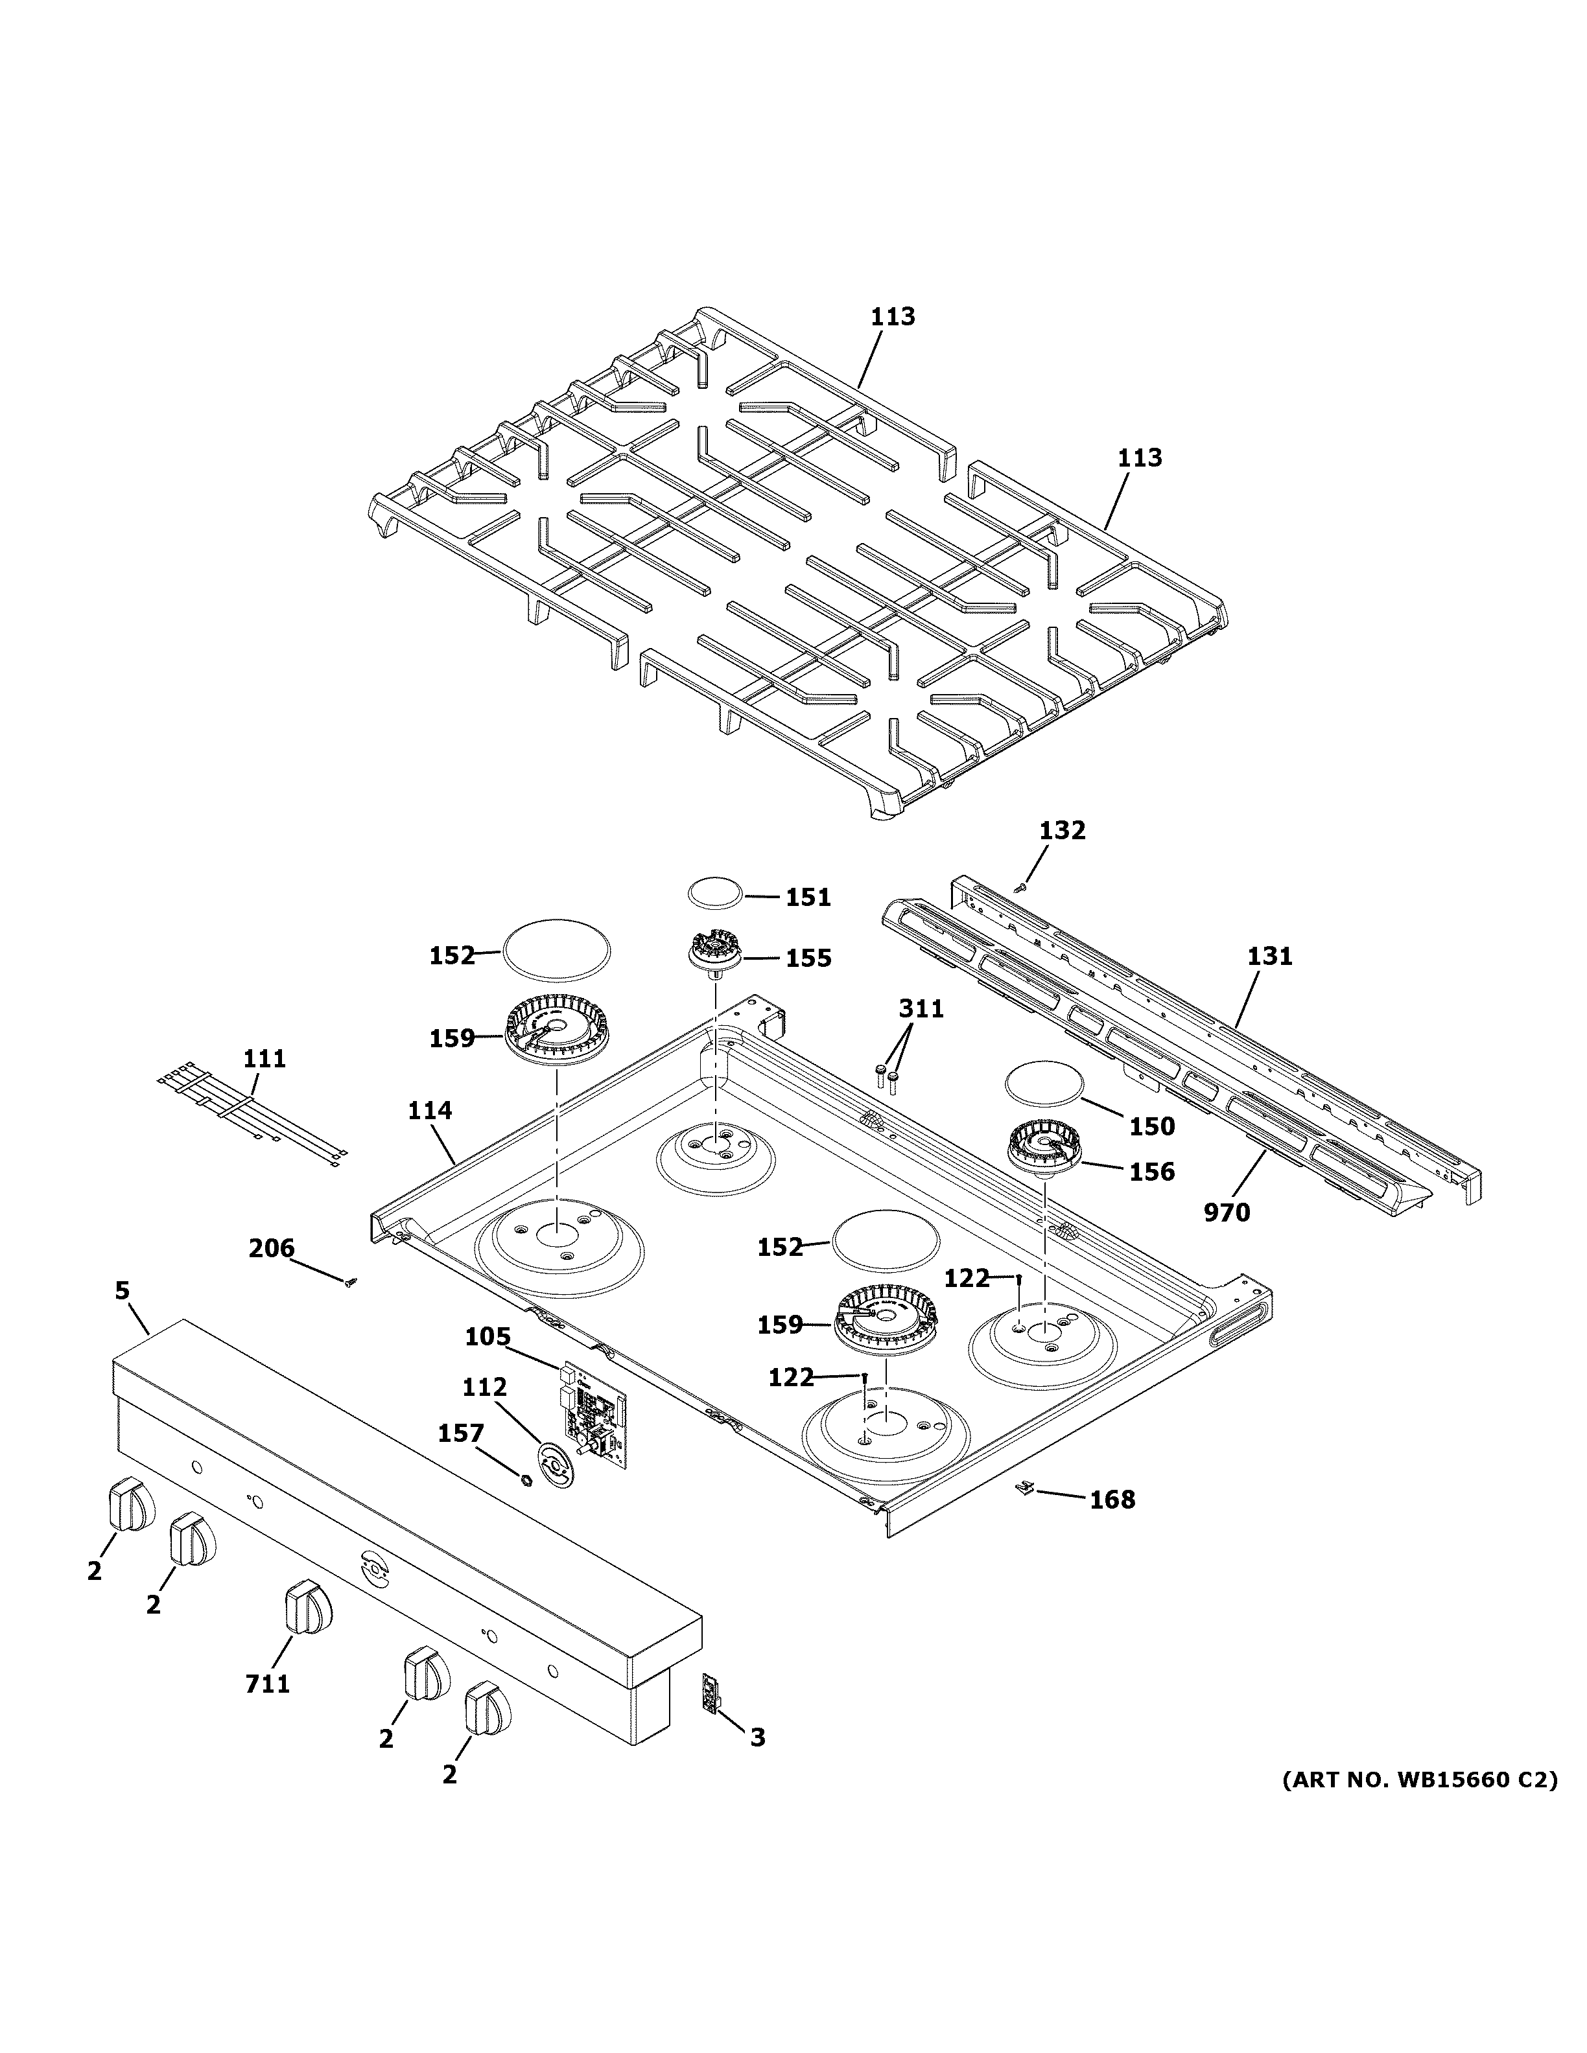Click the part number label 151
808,898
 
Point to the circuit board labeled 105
594,1421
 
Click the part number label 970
1227,1212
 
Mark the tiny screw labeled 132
1021,885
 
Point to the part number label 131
1269,957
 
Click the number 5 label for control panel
123,1292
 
